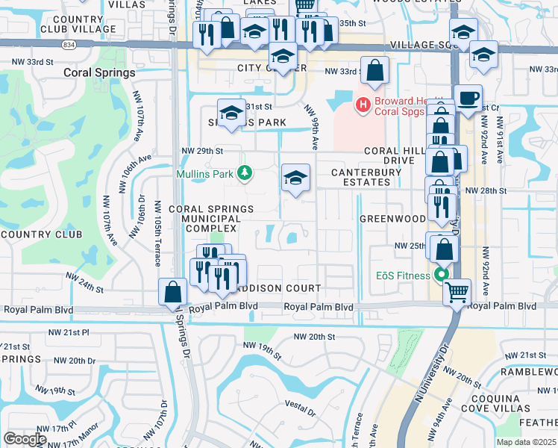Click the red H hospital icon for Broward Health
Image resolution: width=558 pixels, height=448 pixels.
pyautogui.click(x=363, y=104)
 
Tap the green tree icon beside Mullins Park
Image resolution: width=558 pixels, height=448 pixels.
pyautogui.click(x=244, y=174)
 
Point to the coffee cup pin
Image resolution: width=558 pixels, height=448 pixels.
pyautogui.click(x=468, y=99)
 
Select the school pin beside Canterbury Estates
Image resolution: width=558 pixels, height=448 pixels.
pyautogui.click(x=296, y=178)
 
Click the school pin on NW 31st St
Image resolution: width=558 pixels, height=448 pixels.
pyautogui.click(x=231, y=113)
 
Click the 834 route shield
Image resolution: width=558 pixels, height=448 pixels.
pyautogui.click(x=69, y=46)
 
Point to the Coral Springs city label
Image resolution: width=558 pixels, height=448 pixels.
pyautogui.click(x=99, y=73)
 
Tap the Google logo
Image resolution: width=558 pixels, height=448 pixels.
pyautogui.click(x=25, y=438)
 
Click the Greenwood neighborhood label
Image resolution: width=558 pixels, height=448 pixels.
pyautogui.click(x=392, y=219)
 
